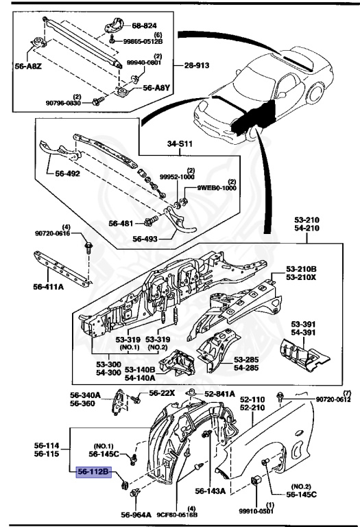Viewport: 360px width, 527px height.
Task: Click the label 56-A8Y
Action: coord(156,89)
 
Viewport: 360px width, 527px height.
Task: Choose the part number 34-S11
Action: coord(181,144)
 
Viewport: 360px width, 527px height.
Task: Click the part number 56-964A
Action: coord(136,515)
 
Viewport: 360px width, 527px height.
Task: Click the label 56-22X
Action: coord(163,393)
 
